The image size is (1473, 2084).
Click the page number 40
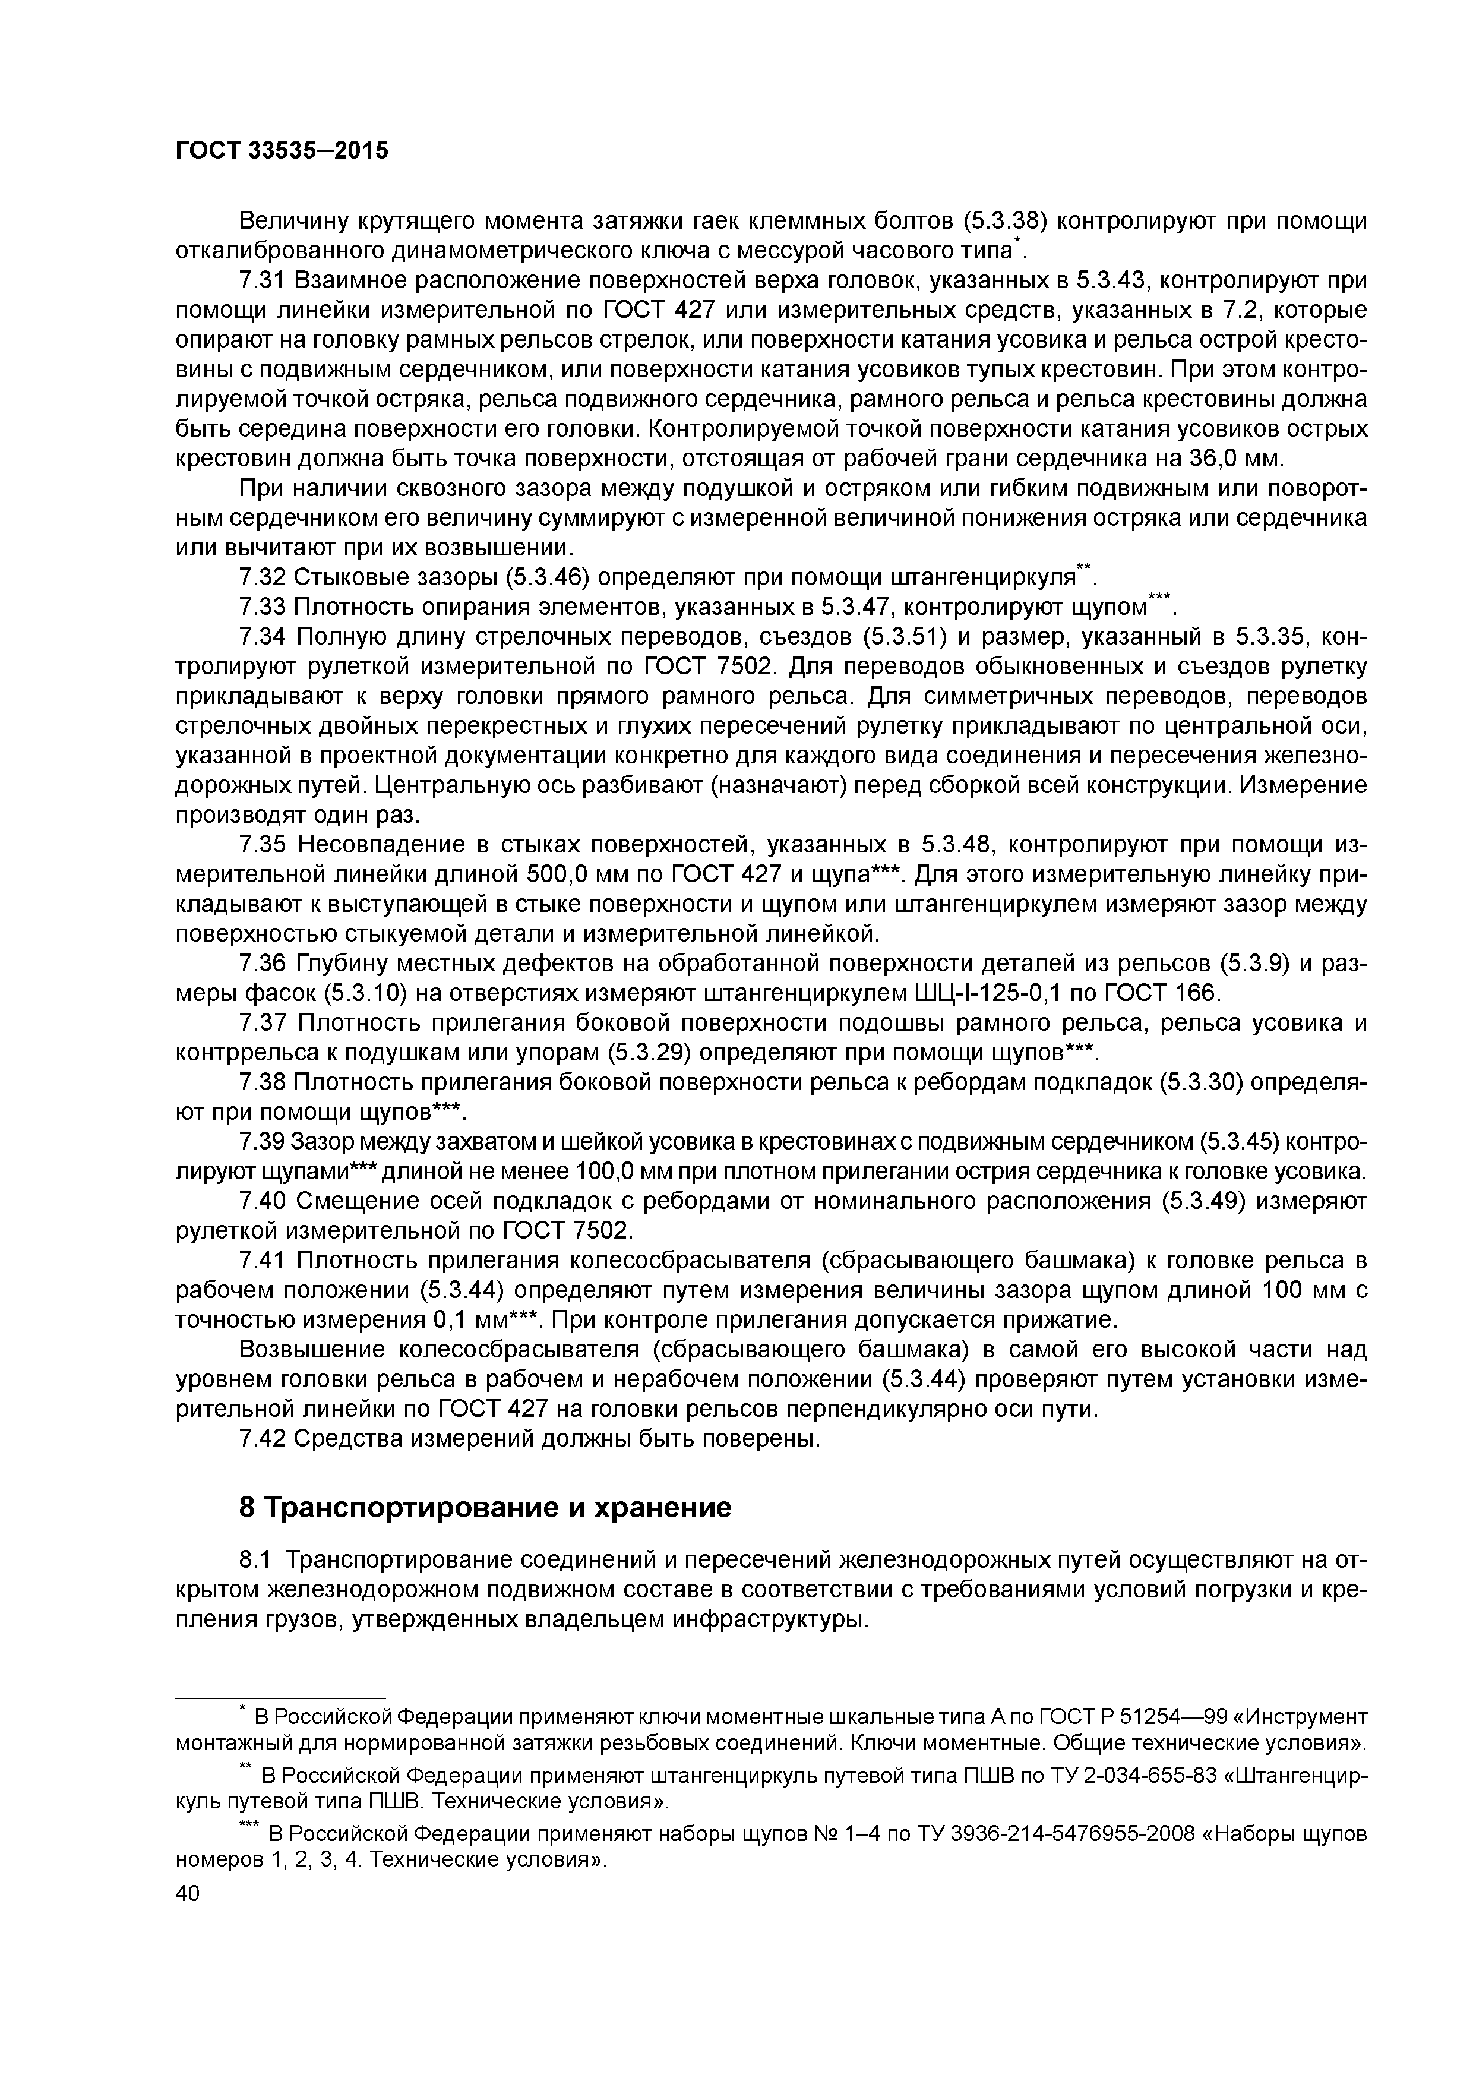pos(187,1893)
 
